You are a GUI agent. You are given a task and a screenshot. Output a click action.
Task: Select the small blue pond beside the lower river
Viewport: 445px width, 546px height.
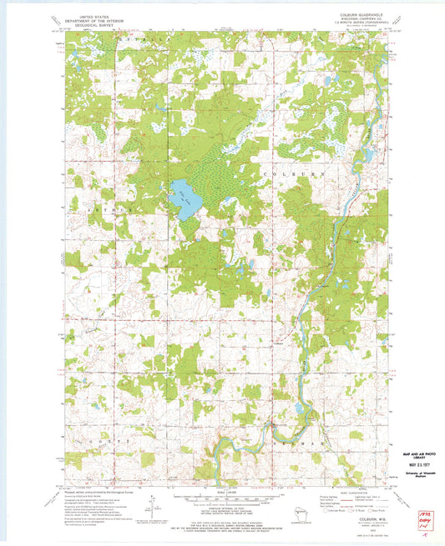pyautogui.click(x=298, y=408)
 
